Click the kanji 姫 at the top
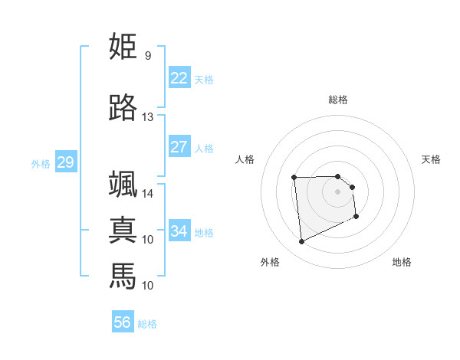pos(123,47)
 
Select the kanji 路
pos(123,108)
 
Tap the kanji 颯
pos(123,185)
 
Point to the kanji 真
pos(123,231)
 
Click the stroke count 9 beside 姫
pos(148,56)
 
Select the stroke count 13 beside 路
pos(148,117)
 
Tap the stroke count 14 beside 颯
pos(148,194)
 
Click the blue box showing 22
pos(179,78)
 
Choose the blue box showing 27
pos(179,147)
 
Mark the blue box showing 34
pos(179,231)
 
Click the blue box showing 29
pos(65,162)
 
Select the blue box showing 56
pos(123,322)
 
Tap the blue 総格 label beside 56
pos(147,324)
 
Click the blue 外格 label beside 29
pos(41,163)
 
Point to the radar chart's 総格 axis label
pos(338,100)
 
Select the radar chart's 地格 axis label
pos(402,262)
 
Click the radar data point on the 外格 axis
pos(301,242)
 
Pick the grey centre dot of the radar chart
pos(338,191)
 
